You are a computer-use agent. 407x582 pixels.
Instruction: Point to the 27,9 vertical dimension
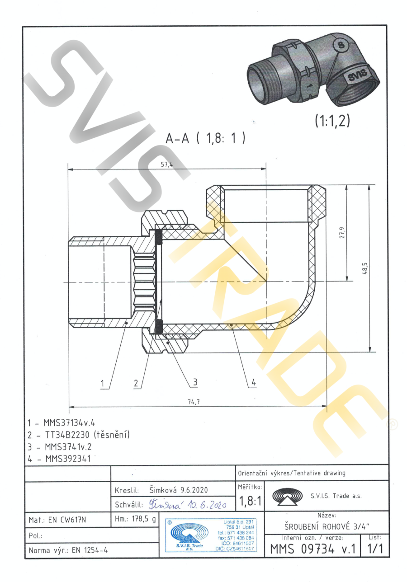342,234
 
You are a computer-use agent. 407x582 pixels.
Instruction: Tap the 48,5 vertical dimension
365,268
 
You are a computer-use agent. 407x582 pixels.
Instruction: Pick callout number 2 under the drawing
137,384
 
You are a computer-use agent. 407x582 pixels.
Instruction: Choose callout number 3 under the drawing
195,382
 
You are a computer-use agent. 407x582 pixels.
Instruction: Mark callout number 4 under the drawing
254,383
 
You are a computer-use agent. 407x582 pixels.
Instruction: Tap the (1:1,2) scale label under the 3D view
332,121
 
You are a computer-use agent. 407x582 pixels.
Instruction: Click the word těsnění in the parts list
113,435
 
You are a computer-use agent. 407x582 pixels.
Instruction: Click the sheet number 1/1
375,549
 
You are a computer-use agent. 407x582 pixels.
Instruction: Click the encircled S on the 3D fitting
341,45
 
